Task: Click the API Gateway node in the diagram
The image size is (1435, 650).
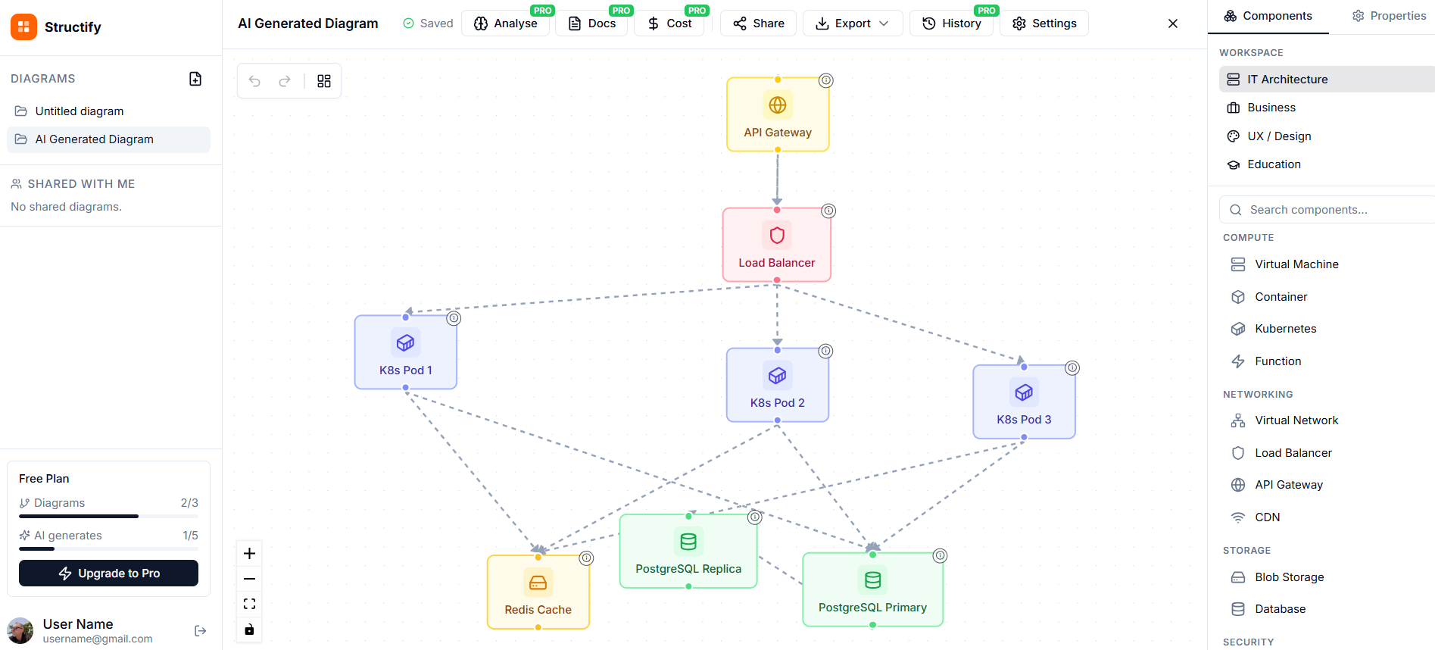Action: coord(777,115)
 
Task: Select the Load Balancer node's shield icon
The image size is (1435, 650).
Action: coord(776,235)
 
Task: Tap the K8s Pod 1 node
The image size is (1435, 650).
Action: coord(405,353)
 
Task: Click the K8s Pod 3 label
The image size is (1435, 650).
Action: coord(1023,420)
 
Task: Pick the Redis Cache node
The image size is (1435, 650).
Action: coord(538,592)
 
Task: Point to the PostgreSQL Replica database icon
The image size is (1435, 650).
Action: coord(688,542)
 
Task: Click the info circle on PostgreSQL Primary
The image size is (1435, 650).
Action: coord(940,555)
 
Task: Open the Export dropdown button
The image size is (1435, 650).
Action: coord(852,23)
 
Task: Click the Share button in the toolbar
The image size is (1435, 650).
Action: coord(758,23)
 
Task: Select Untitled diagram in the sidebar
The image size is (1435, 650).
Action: coord(80,111)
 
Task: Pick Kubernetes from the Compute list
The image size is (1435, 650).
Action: coord(1285,329)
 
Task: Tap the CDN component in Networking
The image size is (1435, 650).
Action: coord(1267,517)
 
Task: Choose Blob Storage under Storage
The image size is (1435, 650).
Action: coord(1289,577)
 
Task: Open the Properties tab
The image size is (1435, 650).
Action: coord(1390,16)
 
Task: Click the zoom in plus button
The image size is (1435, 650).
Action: coord(249,554)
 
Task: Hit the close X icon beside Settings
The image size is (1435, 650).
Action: coord(1172,23)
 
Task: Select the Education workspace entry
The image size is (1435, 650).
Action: coord(1274,164)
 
